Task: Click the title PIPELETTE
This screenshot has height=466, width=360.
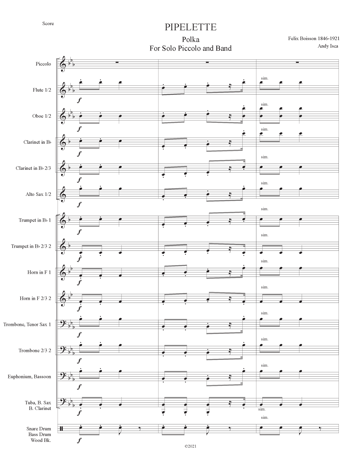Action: [190, 27]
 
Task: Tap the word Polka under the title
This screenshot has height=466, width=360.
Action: [191, 39]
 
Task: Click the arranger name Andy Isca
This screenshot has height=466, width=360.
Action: [328, 46]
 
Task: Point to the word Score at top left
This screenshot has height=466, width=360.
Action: [48, 23]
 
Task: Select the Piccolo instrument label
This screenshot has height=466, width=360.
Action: [43, 64]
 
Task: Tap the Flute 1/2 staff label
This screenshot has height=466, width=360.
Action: [42, 90]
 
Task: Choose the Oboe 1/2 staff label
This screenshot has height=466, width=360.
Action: [42, 116]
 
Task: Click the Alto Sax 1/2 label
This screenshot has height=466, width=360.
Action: [38, 194]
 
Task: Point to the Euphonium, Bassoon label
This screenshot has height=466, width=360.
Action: [29, 377]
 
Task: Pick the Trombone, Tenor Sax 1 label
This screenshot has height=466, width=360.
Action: [27, 325]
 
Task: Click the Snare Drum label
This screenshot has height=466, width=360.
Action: [39, 429]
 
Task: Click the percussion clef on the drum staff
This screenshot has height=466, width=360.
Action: [61, 429]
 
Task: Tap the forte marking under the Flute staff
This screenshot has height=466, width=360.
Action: [79, 100]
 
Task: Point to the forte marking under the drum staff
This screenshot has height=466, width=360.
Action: [79, 441]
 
